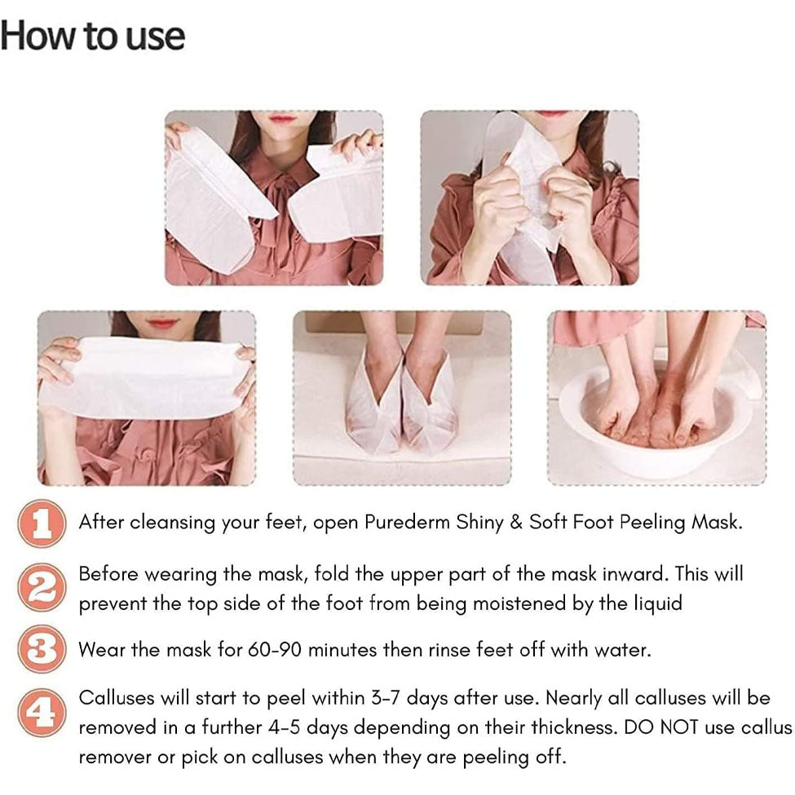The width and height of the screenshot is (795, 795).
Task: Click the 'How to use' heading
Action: pos(93,37)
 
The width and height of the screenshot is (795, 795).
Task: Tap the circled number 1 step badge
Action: pos(42,523)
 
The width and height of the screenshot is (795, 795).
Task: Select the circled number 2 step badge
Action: pos(42,588)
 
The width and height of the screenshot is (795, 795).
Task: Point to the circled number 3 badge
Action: pos(42,650)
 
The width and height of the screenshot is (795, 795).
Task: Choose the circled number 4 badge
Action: pos(42,713)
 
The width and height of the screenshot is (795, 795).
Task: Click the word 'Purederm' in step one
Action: pos(407,522)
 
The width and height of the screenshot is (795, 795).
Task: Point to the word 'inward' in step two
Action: pos(635,574)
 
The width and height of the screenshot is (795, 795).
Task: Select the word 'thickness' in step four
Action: pos(573,727)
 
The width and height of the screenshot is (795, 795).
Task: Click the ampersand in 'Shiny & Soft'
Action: pos(515,522)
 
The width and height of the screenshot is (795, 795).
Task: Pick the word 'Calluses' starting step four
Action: pos(117,698)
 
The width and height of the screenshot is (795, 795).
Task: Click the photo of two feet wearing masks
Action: pos(402,398)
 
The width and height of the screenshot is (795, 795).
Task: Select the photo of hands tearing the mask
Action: pos(530,198)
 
